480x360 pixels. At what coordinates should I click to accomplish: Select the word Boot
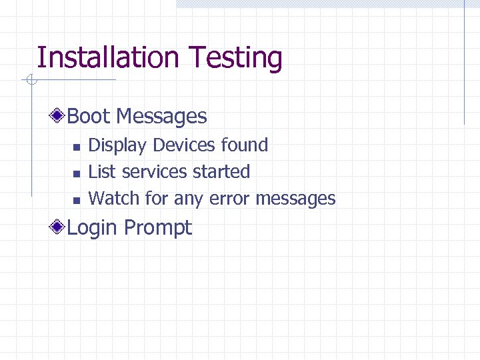click(x=89, y=117)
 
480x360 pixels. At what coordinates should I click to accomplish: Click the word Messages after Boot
click(x=161, y=117)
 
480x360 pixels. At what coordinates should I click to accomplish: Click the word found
click(x=244, y=145)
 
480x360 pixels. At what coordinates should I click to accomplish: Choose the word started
click(x=221, y=171)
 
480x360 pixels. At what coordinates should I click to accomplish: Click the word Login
click(x=93, y=228)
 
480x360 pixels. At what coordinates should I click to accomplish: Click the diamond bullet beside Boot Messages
click(x=59, y=117)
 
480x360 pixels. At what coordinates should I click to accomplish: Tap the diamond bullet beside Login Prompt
click(x=59, y=227)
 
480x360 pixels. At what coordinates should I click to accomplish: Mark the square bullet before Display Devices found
click(x=76, y=147)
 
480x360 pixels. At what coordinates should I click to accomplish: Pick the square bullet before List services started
click(x=76, y=173)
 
